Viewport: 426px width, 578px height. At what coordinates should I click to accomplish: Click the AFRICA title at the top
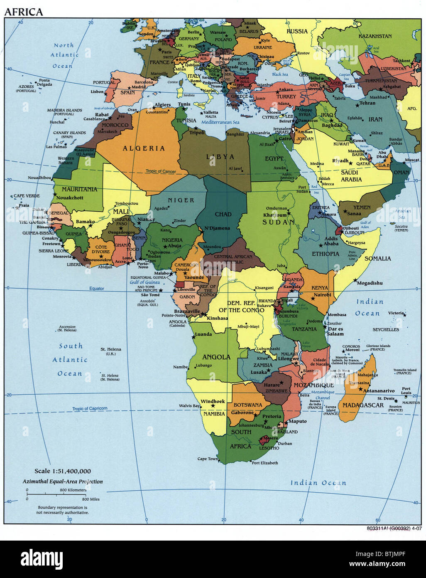[x=24, y=12]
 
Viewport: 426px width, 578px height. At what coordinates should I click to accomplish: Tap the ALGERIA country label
[x=144, y=148]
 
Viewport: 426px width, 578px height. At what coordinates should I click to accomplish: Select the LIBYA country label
[x=220, y=157]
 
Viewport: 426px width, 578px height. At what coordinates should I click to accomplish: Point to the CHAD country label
[x=223, y=214]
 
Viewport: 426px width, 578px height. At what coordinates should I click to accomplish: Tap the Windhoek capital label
[x=213, y=401]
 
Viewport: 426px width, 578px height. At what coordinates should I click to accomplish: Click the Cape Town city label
[x=208, y=459]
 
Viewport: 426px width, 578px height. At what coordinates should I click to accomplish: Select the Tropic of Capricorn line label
[x=90, y=408]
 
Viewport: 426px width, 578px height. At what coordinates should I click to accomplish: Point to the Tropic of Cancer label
[x=161, y=171]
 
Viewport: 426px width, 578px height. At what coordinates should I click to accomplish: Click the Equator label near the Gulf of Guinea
[x=97, y=288]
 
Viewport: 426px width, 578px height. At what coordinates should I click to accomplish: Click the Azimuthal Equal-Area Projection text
[x=63, y=482]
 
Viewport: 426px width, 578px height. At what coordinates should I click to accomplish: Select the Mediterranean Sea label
[x=220, y=122]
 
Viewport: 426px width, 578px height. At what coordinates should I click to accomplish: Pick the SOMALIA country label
[x=377, y=258]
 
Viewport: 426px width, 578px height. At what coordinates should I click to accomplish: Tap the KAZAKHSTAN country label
[x=375, y=36]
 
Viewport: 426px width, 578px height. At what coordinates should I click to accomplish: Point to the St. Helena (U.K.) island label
[x=111, y=351]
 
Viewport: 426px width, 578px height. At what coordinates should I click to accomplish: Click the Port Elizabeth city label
[x=265, y=463]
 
